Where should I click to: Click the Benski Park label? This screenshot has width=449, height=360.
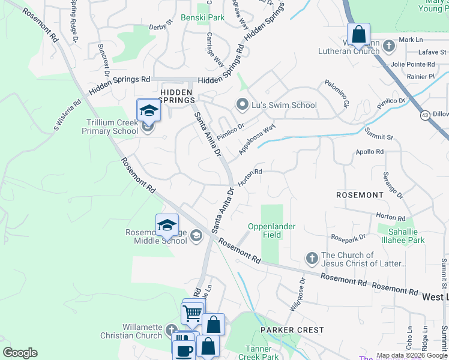coord(202,18)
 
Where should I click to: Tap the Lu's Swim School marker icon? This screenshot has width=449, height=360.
coord(243,105)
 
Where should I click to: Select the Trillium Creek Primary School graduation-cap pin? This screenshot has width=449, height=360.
coord(148,112)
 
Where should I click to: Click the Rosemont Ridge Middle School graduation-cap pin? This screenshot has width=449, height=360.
coord(167,226)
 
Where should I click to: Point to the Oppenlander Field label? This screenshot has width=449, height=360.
coord(264,231)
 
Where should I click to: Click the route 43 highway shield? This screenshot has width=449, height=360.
coord(425,115)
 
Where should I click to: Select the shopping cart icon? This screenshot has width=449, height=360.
coord(192,312)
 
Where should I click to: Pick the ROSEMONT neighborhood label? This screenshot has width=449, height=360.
coord(360,195)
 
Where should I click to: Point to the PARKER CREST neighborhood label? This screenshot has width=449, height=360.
coord(292,330)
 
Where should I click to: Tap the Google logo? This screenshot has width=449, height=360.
coord(20,353)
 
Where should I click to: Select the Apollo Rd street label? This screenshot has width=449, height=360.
coord(369,152)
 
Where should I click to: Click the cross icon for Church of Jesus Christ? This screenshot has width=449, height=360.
coord(312,259)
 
